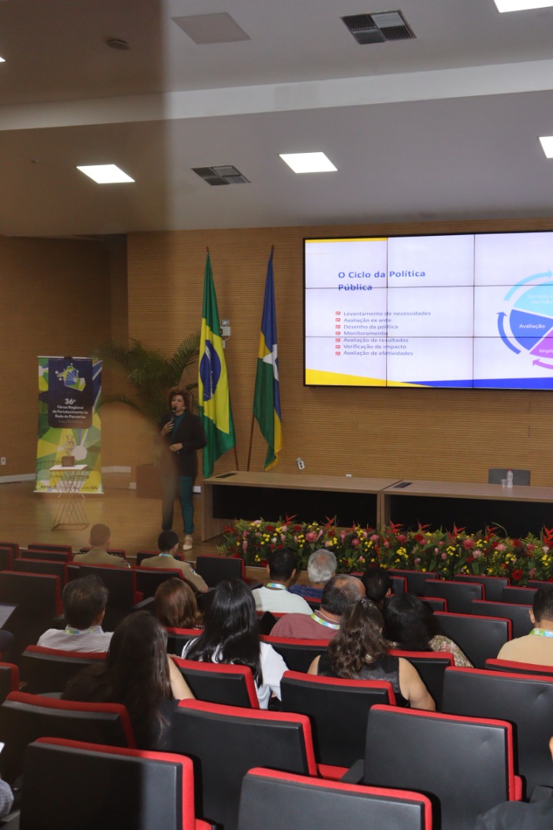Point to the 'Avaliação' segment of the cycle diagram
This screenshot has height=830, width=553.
pos(531,326)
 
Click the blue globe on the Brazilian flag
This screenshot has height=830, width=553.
pos(210,371)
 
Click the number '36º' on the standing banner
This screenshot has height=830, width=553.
pos(69,401)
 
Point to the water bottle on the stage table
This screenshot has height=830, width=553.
pos(509,479)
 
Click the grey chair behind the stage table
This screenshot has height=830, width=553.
pos(508,476)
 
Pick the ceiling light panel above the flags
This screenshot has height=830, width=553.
pos(307,162)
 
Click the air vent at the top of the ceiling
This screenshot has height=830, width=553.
pos(378,27)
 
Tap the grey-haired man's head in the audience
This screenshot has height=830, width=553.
pos(322,566)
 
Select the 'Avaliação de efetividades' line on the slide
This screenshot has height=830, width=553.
pos(378,354)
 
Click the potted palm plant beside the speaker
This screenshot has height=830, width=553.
pos(150,377)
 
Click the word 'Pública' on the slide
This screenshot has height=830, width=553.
pos(355,287)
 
